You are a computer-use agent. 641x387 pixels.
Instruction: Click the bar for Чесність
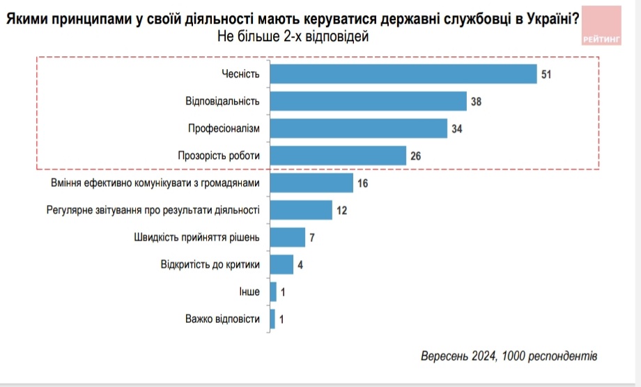(x=403, y=74)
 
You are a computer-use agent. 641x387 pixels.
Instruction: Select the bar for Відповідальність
(x=367, y=101)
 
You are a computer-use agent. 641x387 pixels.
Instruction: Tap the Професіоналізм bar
(x=357, y=128)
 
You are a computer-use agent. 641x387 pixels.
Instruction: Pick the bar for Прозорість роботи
(x=337, y=155)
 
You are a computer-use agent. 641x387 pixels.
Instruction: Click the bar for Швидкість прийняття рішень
(x=287, y=237)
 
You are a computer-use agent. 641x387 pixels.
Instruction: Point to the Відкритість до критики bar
(x=281, y=264)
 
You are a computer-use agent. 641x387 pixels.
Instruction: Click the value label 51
(x=546, y=75)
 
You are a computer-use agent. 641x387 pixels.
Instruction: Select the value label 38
(x=476, y=102)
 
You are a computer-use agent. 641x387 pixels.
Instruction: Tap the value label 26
(x=415, y=156)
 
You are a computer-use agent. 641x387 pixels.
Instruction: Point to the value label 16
(x=362, y=183)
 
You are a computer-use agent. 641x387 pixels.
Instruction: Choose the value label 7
(x=313, y=238)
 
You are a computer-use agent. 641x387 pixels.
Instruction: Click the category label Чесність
(x=240, y=74)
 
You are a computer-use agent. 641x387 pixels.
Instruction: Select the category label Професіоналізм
(x=224, y=128)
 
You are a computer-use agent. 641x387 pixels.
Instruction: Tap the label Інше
(x=249, y=292)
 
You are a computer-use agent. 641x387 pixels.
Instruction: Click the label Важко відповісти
(x=222, y=319)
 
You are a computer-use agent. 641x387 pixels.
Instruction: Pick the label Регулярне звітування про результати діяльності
(x=153, y=210)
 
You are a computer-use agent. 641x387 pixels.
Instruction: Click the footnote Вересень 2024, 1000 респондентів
(x=509, y=356)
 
